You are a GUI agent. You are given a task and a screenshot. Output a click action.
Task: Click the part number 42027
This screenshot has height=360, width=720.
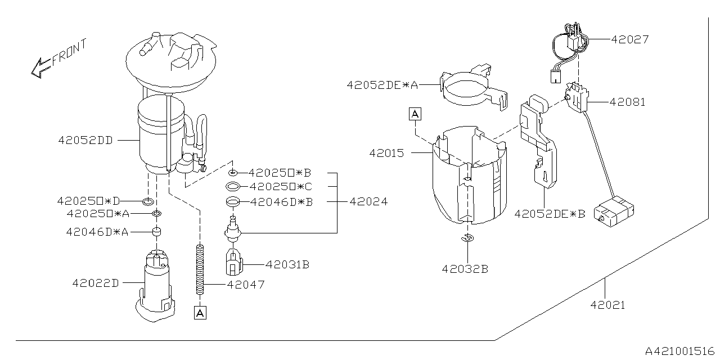coord(629,39)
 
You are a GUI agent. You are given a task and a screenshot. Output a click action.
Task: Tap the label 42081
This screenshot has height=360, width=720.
coord(627,102)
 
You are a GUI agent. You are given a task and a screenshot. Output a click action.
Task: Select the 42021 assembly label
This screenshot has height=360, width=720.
coord(608,305)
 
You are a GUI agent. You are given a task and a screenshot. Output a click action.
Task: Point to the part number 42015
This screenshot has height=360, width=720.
coord(386,153)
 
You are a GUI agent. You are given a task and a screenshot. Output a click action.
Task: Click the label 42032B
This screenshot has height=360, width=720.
coord(465,269)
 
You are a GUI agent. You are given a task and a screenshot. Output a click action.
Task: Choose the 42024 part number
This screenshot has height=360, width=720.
coord(368,202)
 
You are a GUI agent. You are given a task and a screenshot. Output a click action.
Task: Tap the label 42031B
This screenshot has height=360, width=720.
coord(287,264)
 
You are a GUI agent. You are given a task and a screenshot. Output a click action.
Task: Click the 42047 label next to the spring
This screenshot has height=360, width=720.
coord(246,285)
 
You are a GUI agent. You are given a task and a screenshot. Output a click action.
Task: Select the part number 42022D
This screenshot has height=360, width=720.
coord(96,283)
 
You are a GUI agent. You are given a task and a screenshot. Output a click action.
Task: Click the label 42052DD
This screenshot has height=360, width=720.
coord(85,140)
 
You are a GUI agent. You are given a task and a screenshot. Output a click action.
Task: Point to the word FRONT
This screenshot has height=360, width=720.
coord(70,52)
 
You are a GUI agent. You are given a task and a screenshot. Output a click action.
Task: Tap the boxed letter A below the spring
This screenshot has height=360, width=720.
coord(200,313)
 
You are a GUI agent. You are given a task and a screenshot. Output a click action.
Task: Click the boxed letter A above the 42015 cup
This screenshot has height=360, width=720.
coord(415,114)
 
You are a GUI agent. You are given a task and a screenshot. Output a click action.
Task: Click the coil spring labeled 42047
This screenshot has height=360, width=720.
coord(200,269)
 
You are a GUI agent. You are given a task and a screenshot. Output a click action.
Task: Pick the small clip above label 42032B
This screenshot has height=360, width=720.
coord(467,238)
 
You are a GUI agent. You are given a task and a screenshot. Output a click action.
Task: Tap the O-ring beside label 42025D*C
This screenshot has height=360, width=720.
coord(233,186)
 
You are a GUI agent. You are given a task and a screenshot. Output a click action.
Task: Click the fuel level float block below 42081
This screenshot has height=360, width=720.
coord(614,211)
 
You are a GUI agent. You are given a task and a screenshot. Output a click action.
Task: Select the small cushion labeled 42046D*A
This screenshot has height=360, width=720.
coord(156,231)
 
